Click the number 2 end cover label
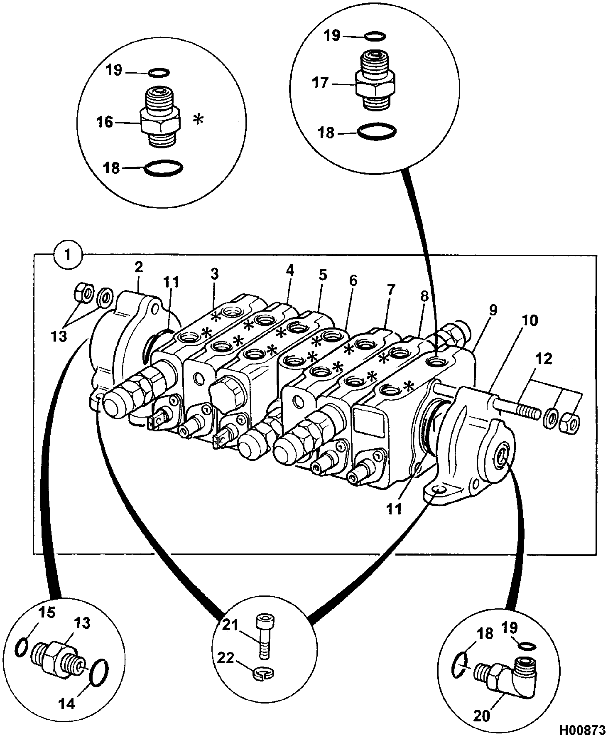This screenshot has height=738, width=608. coord(138,267)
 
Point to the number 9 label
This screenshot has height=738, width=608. coord(493,310)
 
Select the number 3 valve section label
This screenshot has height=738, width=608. coord(214,274)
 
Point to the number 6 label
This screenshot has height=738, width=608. coord(353,281)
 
